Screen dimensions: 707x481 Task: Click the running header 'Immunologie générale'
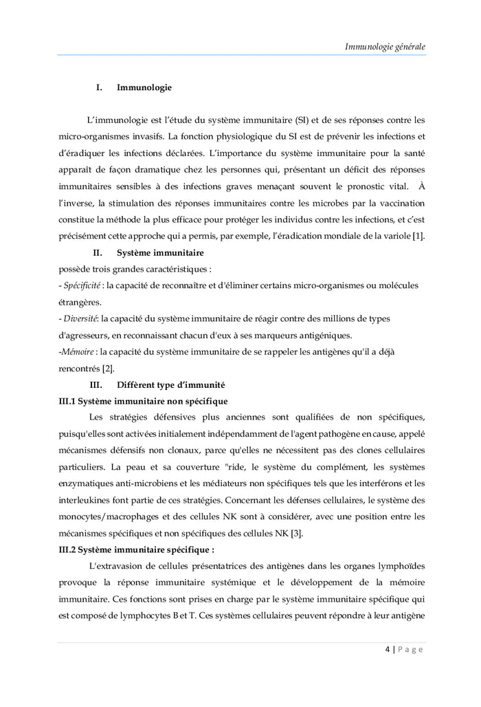tap(385, 47)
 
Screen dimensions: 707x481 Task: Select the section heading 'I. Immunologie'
tap(133, 87)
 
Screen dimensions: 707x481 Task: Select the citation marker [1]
tap(418, 237)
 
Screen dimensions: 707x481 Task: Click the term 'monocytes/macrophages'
tap(109, 516)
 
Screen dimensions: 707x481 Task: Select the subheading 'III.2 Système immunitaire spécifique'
tap(137, 550)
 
